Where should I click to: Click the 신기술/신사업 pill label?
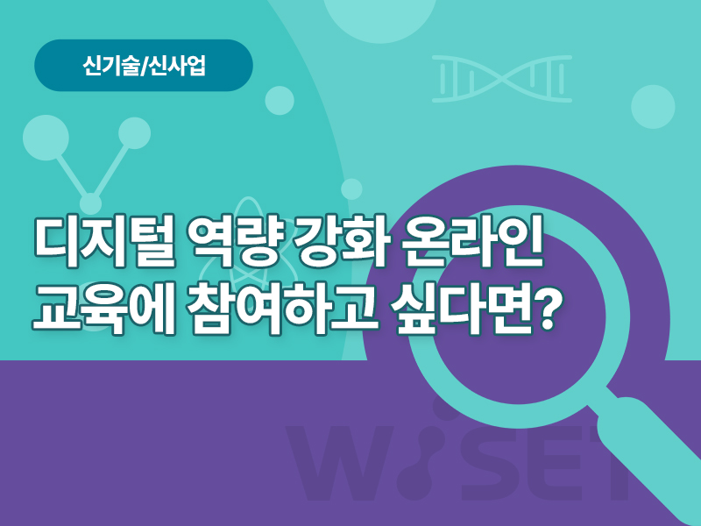click(144, 65)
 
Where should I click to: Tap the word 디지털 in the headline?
click(104, 242)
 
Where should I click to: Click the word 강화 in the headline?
click(341, 242)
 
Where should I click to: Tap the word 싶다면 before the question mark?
click(465, 309)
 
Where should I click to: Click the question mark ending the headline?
click(549, 308)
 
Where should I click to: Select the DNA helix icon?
click(502, 79)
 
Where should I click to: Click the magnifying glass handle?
click(652, 456)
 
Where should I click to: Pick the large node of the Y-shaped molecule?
click(46, 138)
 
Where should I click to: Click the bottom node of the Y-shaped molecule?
click(91, 203)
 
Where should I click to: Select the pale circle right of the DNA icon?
click(653, 106)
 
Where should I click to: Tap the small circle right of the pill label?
click(280, 101)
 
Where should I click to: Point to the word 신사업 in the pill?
click(178, 66)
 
